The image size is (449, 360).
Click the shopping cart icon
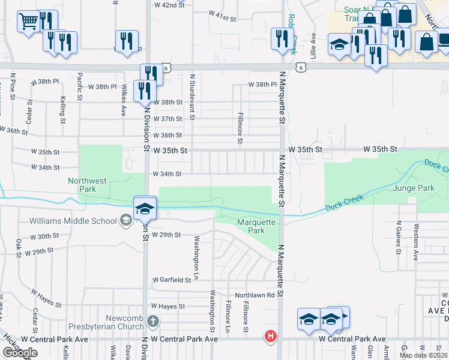28,22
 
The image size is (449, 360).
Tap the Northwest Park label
87,184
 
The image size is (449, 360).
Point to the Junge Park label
413,188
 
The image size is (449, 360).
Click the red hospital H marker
271,336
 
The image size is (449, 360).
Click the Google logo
19,353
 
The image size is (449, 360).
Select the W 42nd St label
168,5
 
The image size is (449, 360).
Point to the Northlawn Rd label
255,295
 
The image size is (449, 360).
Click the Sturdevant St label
193,96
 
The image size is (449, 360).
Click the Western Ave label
415,242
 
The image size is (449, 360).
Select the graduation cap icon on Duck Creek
145,208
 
